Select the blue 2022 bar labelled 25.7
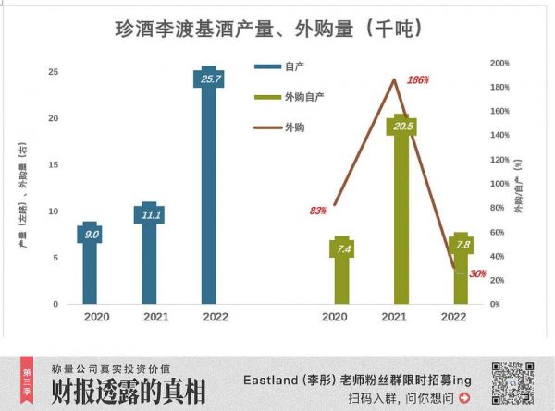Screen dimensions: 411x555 (x=208, y=185)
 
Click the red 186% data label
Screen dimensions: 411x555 (x=418, y=80)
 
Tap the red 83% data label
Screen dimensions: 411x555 (x=317, y=211)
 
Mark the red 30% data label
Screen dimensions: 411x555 (x=477, y=273)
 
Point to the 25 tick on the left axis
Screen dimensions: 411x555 (x=54, y=72)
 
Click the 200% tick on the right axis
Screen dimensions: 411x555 (x=499, y=63)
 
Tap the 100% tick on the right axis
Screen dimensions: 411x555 (x=499, y=184)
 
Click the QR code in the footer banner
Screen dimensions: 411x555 (x=514, y=383)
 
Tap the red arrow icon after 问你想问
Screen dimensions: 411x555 (x=464, y=399)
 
